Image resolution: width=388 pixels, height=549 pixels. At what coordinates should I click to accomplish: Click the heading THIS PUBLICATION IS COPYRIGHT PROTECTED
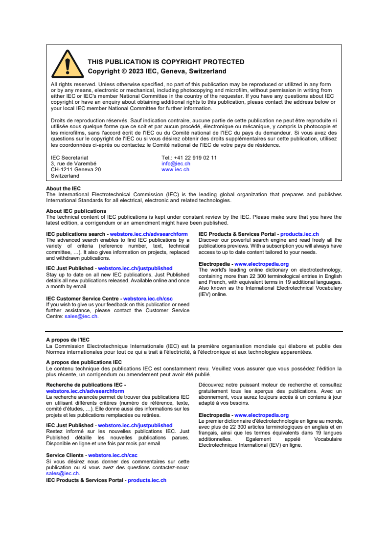point(166,62)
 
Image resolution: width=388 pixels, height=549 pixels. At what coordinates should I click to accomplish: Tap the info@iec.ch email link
point(176,163)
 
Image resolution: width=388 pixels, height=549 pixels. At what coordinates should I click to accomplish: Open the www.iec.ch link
point(175,169)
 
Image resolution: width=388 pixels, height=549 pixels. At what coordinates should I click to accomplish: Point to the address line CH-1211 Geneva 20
point(76,169)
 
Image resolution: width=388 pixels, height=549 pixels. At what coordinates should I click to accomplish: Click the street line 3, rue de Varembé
point(73,163)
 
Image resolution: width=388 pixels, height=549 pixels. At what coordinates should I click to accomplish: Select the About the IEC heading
point(64,188)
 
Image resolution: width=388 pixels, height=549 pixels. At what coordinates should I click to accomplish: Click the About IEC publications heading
point(76,211)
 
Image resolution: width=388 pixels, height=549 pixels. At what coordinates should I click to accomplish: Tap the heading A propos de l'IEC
point(68,340)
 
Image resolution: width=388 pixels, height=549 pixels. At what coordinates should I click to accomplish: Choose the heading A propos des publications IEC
point(84,363)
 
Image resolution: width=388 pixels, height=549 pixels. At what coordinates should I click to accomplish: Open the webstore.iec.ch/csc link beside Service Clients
point(113,455)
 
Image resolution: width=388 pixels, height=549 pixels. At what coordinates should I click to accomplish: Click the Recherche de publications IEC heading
point(86,385)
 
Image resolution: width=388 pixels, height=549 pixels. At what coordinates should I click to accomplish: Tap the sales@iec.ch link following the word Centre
point(81,317)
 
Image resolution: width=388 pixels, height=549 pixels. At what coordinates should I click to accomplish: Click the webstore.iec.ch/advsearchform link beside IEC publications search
point(149,234)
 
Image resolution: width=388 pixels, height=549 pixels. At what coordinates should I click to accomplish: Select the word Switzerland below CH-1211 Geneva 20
point(65,175)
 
